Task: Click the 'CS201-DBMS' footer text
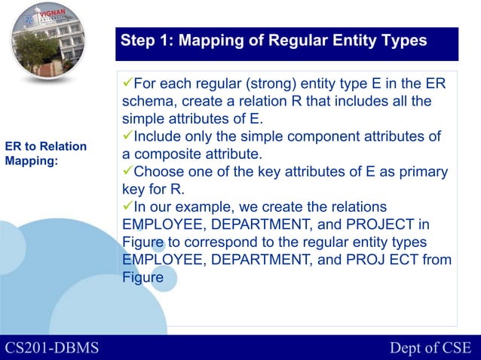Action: (x=52, y=347)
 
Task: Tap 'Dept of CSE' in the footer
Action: (x=430, y=347)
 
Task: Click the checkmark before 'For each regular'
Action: (x=127, y=83)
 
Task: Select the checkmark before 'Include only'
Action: (x=127, y=136)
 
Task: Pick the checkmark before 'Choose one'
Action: (x=127, y=171)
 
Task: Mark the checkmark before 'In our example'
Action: (x=127, y=206)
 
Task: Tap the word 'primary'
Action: (x=424, y=172)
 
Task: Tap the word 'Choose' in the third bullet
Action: (x=158, y=172)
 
